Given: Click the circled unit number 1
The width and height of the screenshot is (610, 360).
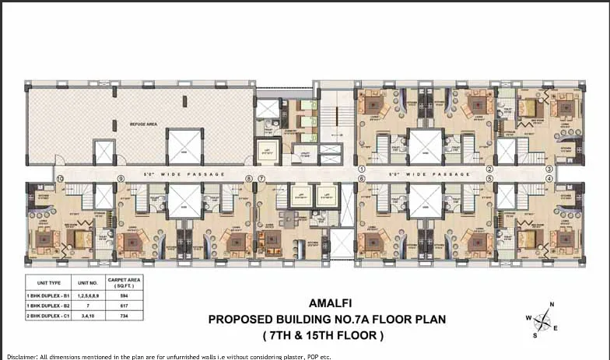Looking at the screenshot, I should [x=362, y=168].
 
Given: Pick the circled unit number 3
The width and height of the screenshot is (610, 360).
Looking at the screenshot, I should [x=549, y=168].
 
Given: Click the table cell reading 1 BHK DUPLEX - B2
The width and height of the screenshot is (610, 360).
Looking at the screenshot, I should [x=48, y=306].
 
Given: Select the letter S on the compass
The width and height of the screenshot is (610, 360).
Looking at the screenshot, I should [x=535, y=336].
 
